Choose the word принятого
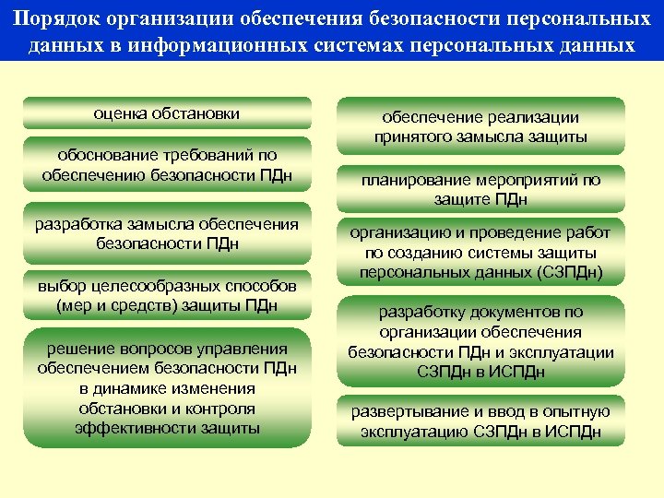point(409,137)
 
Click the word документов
point(510,312)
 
